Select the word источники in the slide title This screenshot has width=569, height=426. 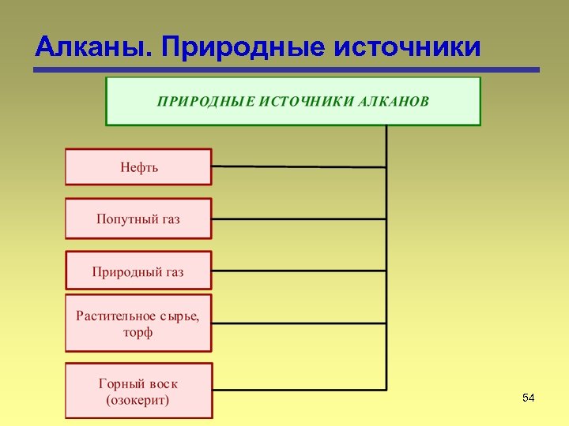pos(408,47)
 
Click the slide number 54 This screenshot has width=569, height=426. pos(529,398)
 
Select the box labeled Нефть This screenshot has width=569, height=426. pos(138,167)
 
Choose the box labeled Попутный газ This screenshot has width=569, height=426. pos(138,219)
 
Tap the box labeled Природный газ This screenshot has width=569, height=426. pos(138,271)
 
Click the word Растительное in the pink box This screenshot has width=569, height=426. pos(115,316)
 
